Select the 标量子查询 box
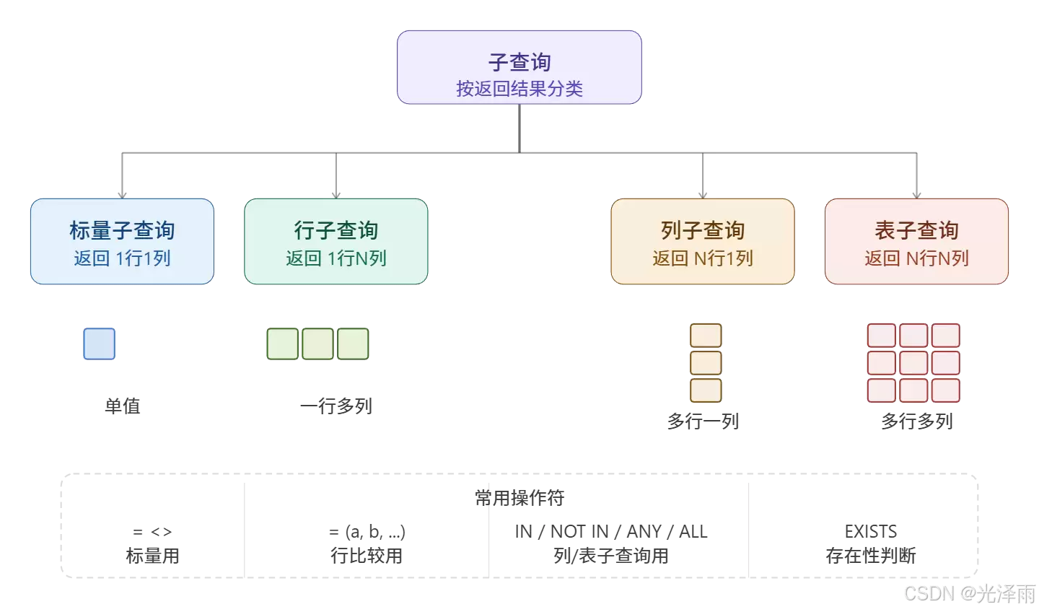(x=122, y=241)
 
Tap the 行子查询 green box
(x=336, y=241)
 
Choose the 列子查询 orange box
(x=703, y=241)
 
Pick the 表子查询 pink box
(x=916, y=241)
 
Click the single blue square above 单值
(x=100, y=344)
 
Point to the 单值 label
(x=123, y=406)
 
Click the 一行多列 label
(x=336, y=406)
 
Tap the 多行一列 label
(x=703, y=421)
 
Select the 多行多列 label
(x=916, y=421)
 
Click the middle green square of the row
(x=317, y=344)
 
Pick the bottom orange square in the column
(x=706, y=390)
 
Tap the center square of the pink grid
(x=913, y=362)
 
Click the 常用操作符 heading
(x=519, y=498)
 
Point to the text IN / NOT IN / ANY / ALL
(x=611, y=532)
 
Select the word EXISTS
(x=871, y=532)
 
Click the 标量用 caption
(x=152, y=556)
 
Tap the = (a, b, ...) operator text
(x=367, y=532)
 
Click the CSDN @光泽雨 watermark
(x=968, y=593)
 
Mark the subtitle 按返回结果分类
(x=519, y=89)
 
